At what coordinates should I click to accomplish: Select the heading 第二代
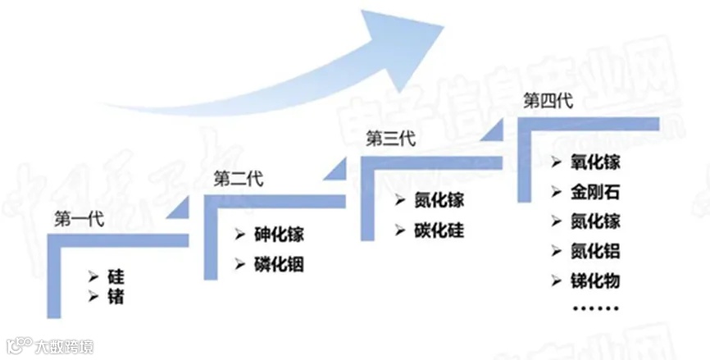click(238, 179)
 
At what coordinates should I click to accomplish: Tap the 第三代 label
click(391, 138)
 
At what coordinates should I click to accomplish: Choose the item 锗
click(116, 295)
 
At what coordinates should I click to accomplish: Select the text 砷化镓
click(279, 235)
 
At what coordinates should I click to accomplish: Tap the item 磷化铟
click(279, 265)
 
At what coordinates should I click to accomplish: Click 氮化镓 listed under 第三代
click(439, 200)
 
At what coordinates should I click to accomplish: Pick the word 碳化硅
click(439, 230)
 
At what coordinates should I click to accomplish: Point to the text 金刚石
click(595, 193)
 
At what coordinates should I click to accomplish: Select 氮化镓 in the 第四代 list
click(595, 221)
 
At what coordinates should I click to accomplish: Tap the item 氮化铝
click(595, 251)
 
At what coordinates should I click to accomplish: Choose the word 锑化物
click(595, 281)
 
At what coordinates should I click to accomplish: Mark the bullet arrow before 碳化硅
click(399, 231)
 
